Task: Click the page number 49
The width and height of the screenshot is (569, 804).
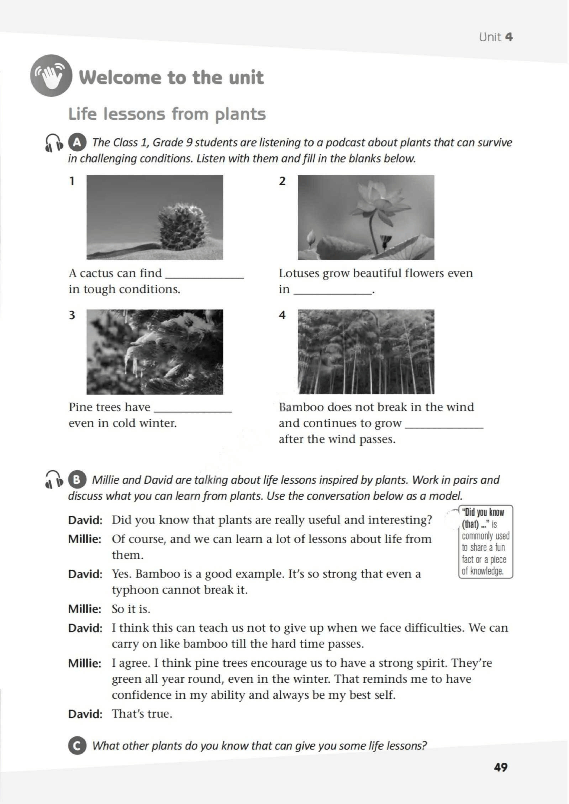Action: (x=501, y=767)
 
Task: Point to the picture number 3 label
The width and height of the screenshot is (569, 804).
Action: (x=72, y=315)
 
